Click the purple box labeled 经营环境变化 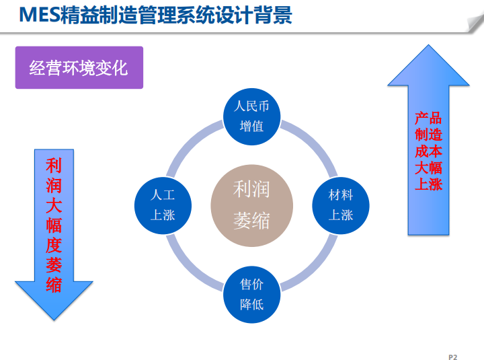point(79,67)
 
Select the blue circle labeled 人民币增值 point(251,116)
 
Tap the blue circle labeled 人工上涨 point(163,205)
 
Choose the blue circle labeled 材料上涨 point(340,205)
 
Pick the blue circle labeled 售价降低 point(251,294)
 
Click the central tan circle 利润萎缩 point(251,205)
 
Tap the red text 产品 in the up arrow point(428,118)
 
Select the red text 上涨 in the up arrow point(428,184)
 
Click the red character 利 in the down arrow point(54,166)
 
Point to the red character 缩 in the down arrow point(54,285)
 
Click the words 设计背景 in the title point(259,15)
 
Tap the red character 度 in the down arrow point(54,245)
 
